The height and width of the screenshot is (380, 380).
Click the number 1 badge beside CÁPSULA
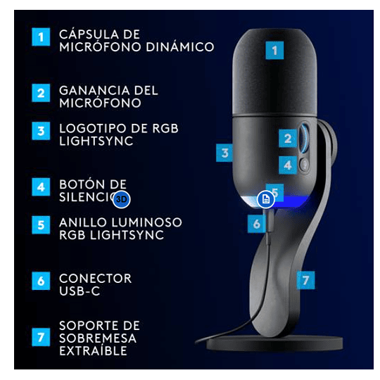(42, 36)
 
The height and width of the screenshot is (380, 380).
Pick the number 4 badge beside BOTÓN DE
(42, 187)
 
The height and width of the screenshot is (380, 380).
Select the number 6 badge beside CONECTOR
(42, 280)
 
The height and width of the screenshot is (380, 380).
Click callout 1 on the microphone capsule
(274, 50)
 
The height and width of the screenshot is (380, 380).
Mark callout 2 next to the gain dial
(287, 139)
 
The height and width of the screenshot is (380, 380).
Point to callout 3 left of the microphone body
(224, 152)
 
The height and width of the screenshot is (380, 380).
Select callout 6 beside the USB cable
(256, 224)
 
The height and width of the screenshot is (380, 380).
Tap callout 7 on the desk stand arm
(304, 279)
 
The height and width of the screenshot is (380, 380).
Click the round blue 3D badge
(122, 199)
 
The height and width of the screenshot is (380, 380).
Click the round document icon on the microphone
(265, 200)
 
